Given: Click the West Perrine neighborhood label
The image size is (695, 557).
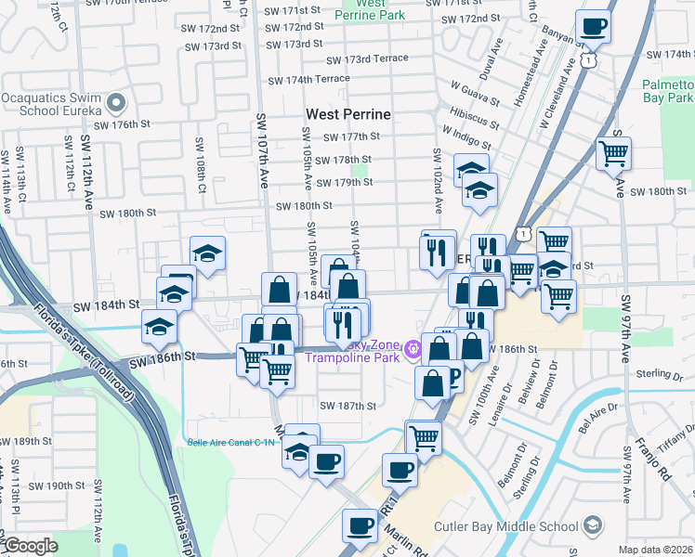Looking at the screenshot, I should [348, 115].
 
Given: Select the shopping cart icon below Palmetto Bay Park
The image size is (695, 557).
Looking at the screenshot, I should [613, 153].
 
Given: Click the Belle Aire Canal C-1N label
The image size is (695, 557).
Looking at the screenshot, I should [231, 443].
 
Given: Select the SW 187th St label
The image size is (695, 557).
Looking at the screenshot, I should [347, 406].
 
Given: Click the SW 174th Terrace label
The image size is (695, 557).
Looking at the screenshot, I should [306, 79].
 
